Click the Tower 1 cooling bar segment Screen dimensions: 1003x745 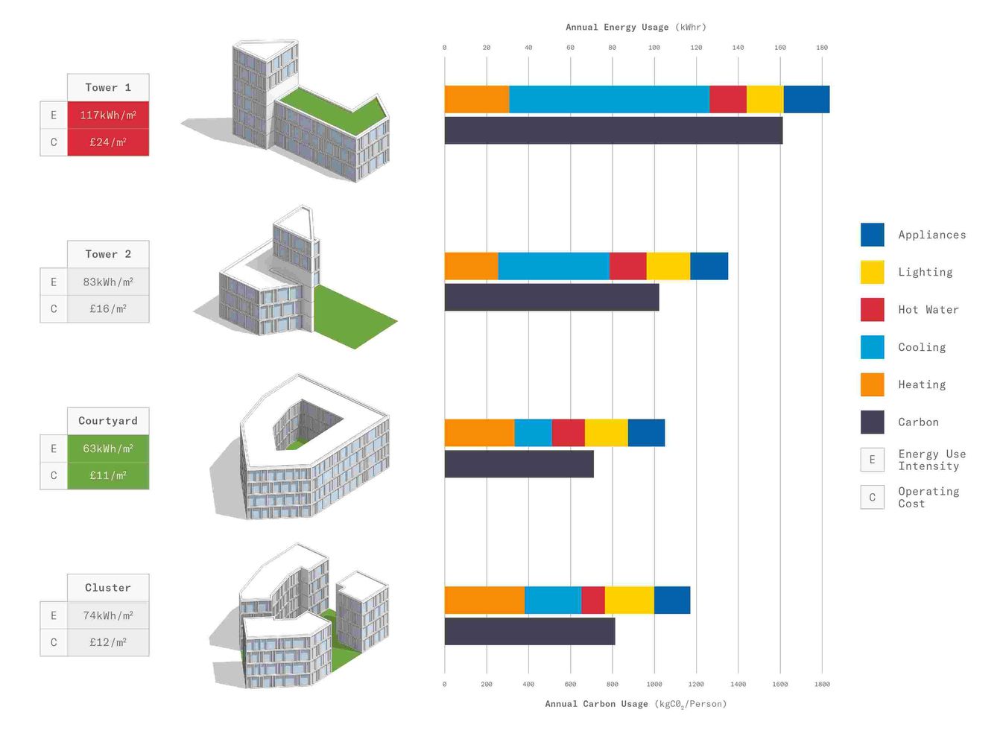[609, 99]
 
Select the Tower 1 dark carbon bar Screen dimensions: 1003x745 [613, 130]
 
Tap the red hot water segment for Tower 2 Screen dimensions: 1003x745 [627, 266]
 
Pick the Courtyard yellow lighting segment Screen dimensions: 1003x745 [606, 433]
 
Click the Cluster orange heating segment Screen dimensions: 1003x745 [484, 600]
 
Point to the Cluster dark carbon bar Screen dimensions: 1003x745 [530, 631]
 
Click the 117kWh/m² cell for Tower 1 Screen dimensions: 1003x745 [108, 115]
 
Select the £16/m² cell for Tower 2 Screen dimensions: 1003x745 [108, 308]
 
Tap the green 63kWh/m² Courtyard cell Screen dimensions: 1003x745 [108, 448]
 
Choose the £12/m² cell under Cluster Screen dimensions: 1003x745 [108, 642]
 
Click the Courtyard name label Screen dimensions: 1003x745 [108, 421]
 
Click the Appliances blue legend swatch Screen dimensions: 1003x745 [873, 235]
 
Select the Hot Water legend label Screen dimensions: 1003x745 [928, 310]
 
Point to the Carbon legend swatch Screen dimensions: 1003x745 [873, 422]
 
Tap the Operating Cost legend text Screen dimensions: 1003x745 [928, 497]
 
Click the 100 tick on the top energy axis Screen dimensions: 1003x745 [654, 48]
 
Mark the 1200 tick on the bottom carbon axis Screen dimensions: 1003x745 [696, 684]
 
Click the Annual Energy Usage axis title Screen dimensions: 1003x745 [636, 27]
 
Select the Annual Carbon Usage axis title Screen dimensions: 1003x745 [636, 704]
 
